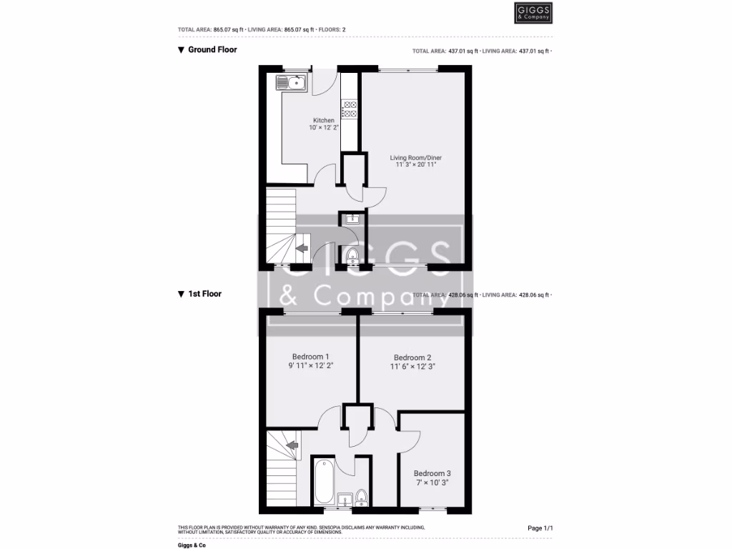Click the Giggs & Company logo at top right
tap(533, 13)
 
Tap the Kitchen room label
tap(324, 120)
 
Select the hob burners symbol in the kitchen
tap(350, 109)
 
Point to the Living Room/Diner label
tap(412, 157)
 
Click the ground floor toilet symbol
tap(351, 255)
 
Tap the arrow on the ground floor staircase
tap(301, 248)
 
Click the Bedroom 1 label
tap(311, 357)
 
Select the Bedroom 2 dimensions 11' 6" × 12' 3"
tap(412, 366)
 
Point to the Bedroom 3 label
tap(432, 473)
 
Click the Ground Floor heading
tap(212, 50)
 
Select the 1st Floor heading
tap(204, 294)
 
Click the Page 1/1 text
tap(540, 528)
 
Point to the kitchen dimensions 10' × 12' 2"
tap(324, 128)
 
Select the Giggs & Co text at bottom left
tap(192, 545)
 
